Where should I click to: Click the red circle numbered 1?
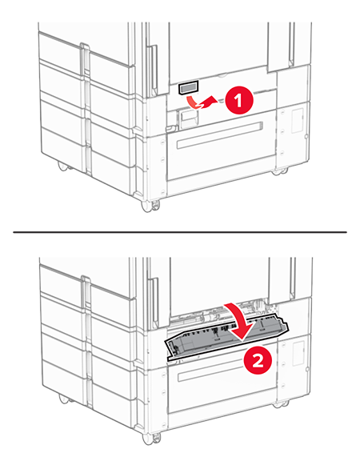point(232,100)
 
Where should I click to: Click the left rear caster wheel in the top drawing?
point(62,166)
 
